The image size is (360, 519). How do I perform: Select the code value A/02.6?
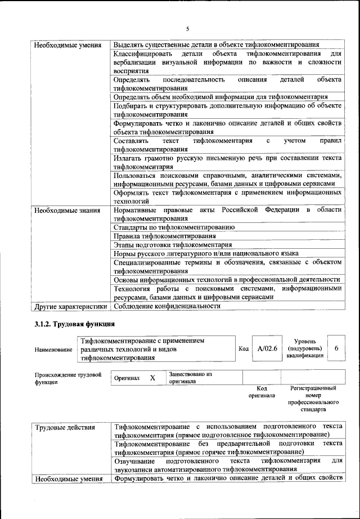[x=268, y=348]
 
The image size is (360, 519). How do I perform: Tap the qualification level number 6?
[x=336, y=348]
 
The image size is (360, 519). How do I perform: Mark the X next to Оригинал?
[x=152, y=378]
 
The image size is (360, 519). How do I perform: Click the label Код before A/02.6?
[x=244, y=349]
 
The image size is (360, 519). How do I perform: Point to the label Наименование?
[x=53, y=350]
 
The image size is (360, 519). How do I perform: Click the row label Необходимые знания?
[x=64, y=211]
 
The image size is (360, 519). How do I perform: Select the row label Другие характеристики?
[x=70, y=307]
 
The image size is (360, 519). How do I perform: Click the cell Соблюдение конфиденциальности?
[x=166, y=306]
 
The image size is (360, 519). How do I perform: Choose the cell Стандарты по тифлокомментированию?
[x=174, y=227]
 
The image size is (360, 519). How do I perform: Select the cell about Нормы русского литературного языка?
[x=205, y=253]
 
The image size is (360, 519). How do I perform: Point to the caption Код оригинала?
[x=262, y=392]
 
